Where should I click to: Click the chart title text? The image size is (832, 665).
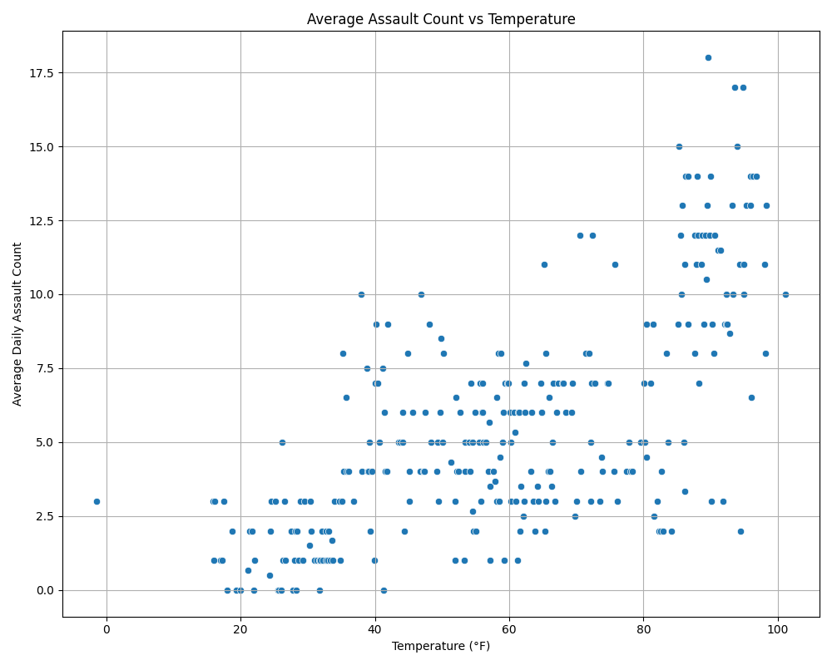point(441,19)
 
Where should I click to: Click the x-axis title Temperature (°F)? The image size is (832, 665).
point(441,646)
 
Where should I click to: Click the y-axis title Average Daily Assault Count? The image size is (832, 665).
point(17,324)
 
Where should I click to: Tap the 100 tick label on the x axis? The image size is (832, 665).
point(778,629)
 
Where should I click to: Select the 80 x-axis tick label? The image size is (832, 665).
point(644,629)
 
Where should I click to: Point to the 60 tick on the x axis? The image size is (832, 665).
point(509,629)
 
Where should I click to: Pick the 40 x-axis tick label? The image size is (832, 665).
point(375,629)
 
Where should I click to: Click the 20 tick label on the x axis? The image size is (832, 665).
point(240,629)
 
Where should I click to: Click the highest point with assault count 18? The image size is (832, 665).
point(708,57)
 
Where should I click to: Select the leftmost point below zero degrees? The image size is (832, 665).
point(97,501)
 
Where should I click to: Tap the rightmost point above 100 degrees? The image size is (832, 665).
point(785,294)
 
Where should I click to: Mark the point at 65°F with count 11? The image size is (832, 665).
point(544,264)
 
